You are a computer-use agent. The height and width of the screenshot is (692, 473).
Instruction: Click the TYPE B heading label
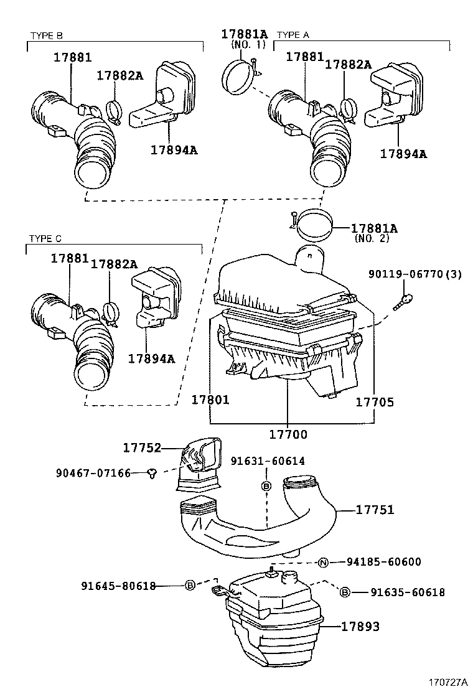pyautogui.click(x=46, y=35)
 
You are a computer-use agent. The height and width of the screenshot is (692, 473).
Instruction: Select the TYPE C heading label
pyautogui.click(x=45, y=238)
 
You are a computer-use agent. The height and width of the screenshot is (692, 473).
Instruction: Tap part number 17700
pyautogui.click(x=288, y=434)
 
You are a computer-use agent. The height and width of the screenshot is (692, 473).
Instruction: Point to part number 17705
pyautogui.click(x=375, y=402)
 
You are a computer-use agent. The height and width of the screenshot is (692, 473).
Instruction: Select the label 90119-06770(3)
pyautogui.click(x=414, y=274)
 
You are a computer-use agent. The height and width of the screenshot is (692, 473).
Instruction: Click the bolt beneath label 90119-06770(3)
pyautogui.click(x=406, y=301)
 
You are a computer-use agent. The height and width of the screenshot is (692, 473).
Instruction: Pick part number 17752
pyautogui.click(x=142, y=447)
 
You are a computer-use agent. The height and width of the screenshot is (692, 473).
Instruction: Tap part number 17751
pyautogui.click(x=375, y=510)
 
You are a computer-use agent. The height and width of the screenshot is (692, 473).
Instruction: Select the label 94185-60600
pyautogui.click(x=384, y=562)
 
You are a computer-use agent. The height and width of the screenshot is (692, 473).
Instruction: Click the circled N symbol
pyautogui.click(x=323, y=563)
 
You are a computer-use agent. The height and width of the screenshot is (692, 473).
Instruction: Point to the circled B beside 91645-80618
pyautogui.click(x=190, y=586)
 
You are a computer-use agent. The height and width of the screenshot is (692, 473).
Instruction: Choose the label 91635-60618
pyautogui.click(x=408, y=592)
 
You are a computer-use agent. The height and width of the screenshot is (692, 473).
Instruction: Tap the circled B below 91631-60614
pyautogui.click(x=266, y=485)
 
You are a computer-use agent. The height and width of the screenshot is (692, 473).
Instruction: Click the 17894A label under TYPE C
pyautogui.click(x=151, y=358)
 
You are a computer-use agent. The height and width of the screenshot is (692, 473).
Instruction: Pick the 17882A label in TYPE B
pyautogui.click(x=119, y=75)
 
